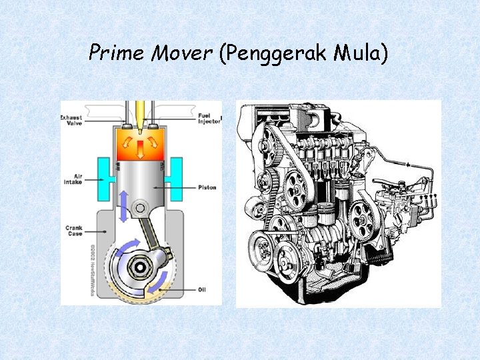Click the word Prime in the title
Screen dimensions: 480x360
116,52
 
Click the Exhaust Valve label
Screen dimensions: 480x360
71,121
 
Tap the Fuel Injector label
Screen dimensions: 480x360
209,120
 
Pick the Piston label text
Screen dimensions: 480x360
207,187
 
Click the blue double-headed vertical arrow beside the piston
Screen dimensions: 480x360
123,205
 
